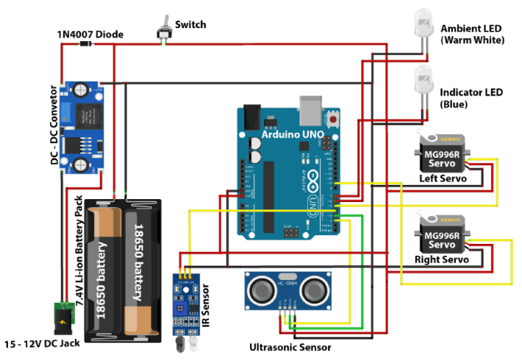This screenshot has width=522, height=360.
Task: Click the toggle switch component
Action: coord(165,31)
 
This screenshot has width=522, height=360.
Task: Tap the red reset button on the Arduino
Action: coord(335,118)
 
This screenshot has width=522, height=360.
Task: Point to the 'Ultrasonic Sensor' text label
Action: coord(290,348)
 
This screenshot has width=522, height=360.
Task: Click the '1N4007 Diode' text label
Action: coord(90,34)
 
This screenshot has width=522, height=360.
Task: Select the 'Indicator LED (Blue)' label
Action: coord(471,98)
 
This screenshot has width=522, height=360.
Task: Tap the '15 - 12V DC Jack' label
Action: coord(46,344)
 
